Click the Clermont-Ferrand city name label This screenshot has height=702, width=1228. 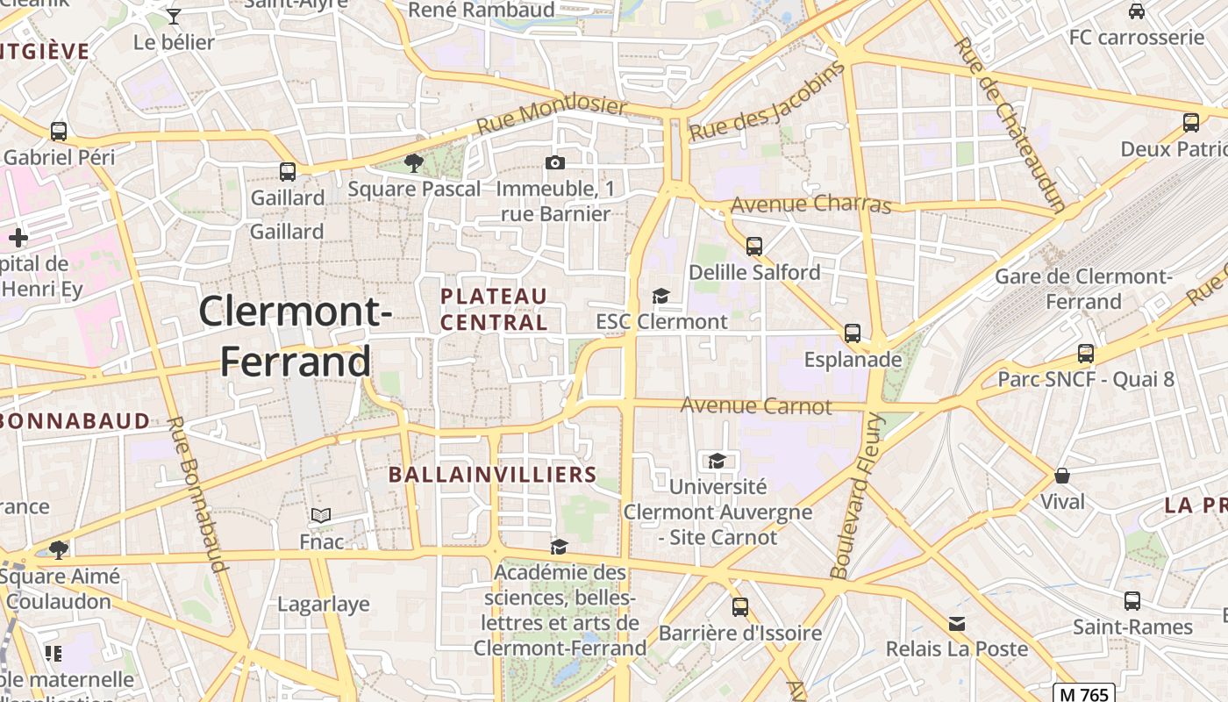(295, 336)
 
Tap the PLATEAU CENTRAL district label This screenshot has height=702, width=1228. (494, 309)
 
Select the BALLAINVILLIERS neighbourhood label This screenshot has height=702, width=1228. (492, 475)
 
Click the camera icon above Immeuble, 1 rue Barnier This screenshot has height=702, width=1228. (554, 162)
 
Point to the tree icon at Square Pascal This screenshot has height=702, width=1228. (413, 162)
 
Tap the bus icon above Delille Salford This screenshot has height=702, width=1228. (753, 246)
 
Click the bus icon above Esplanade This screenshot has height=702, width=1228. (852, 333)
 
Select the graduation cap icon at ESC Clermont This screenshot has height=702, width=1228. (660, 297)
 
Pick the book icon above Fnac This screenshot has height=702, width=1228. (321, 515)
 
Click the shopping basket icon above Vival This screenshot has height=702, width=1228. (1062, 476)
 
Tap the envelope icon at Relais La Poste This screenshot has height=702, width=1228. (957, 623)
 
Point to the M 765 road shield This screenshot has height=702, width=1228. (1083, 694)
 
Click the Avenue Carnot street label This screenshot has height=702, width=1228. (756, 406)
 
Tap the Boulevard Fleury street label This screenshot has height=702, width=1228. (860, 496)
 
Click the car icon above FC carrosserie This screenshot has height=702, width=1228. (1137, 11)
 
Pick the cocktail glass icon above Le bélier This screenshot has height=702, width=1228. (174, 16)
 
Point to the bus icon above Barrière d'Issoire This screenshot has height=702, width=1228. (740, 607)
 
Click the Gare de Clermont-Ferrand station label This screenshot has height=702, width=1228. (1083, 289)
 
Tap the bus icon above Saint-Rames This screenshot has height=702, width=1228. (1132, 601)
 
